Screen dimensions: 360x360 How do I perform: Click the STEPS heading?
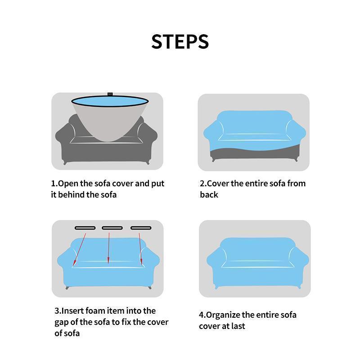tap(180, 41)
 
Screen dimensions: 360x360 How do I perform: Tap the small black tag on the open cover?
tap(110, 94)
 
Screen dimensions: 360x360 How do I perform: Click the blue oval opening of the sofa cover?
tap(110, 101)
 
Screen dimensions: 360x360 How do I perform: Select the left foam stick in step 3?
tap(85, 228)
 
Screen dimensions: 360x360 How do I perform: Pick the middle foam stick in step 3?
tap(112, 228)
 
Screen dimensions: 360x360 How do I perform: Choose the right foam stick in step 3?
tap(141, 228)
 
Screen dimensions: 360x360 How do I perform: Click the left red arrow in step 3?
tap(80, 249)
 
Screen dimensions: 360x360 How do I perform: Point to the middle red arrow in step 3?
tap(108, 248)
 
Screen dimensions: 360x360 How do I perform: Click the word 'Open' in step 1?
tap(68, 184)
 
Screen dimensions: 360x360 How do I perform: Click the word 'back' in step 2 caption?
tap(209, 195)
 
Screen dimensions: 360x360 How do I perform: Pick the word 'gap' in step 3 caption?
tap(61, 323)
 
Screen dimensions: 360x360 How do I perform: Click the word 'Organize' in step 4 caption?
tap(223, 315)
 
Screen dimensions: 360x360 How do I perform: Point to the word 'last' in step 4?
tap(238, 326)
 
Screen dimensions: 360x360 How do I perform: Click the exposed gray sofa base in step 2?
tap(255, 153)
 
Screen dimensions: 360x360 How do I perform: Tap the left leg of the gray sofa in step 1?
tap(65, 163)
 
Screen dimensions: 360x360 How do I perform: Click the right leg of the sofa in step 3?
tap(150, 287)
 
